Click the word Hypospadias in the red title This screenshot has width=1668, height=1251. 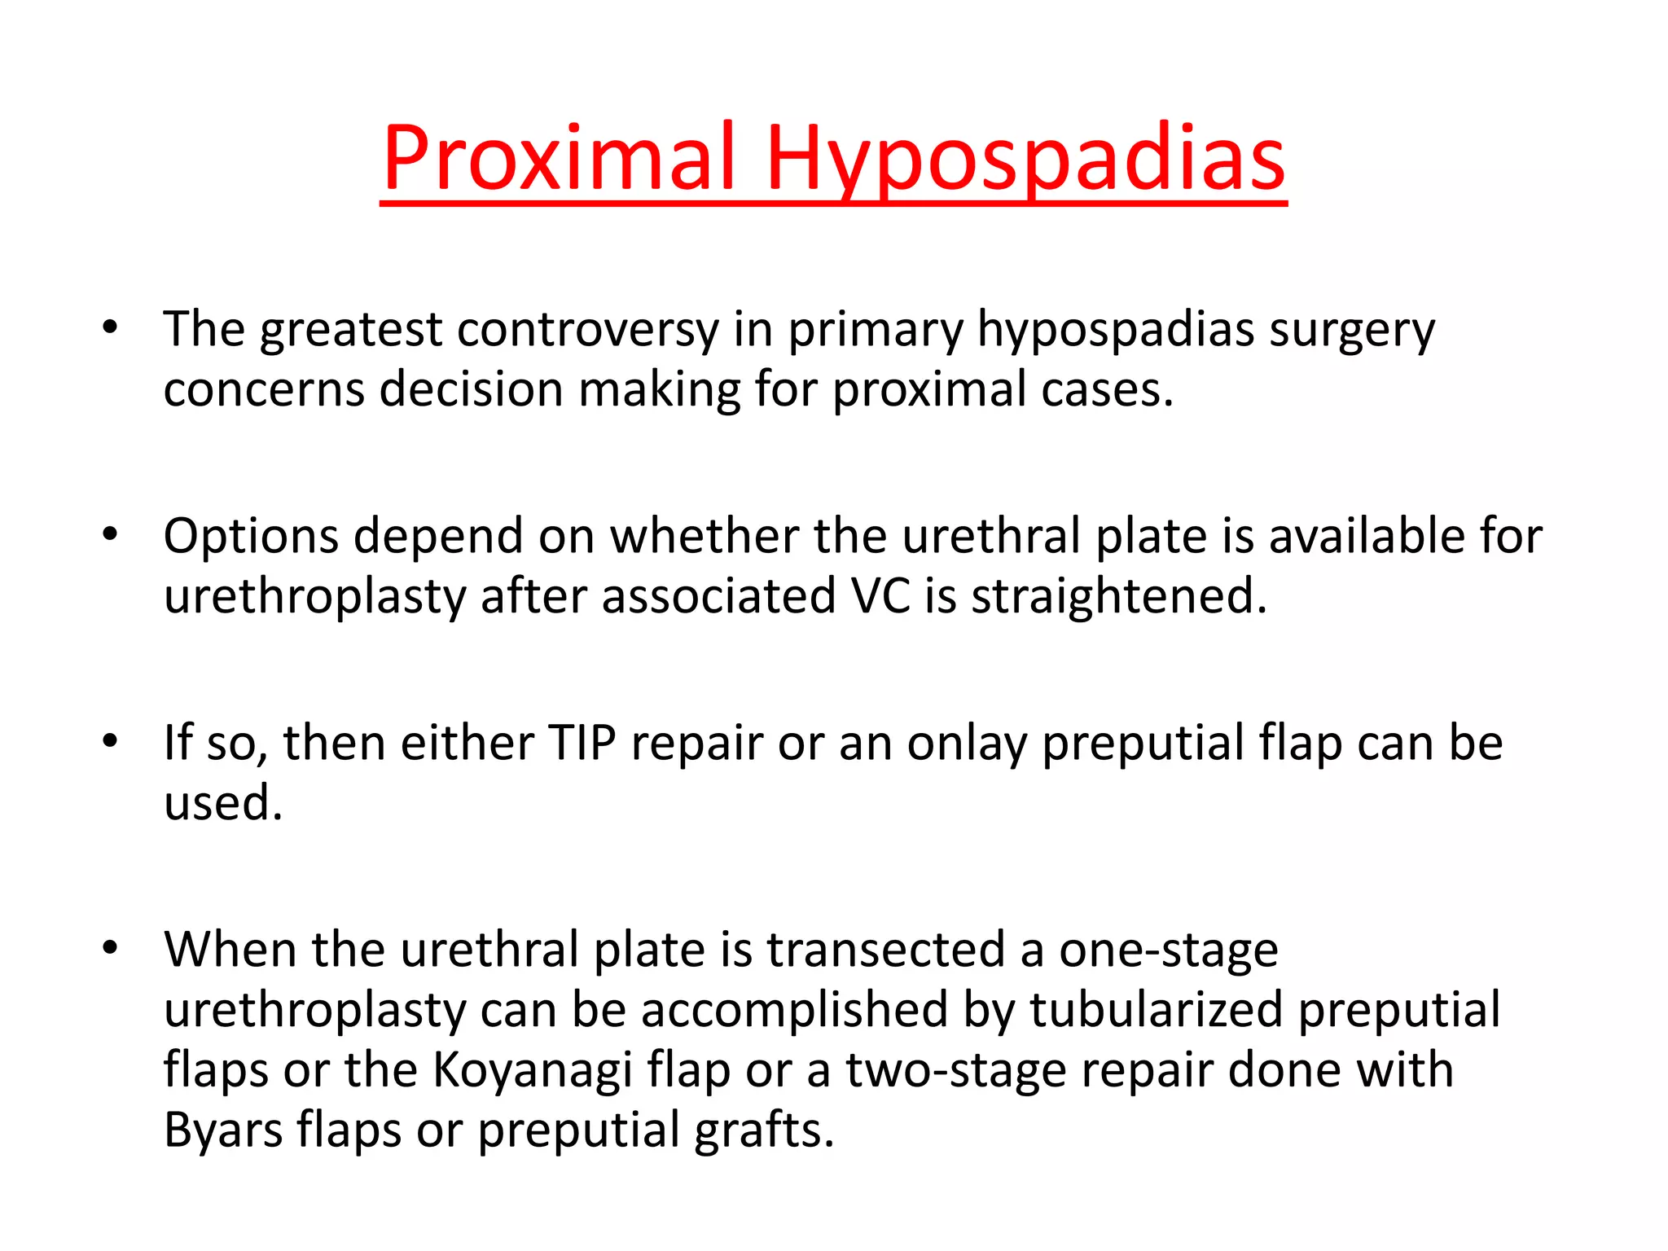pos(1025,159)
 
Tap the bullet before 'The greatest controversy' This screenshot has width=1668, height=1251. pos(110,328)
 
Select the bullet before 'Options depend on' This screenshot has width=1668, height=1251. pos(110,535)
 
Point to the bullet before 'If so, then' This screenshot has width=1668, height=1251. pos(110,741)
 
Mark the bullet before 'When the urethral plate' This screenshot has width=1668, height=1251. pos(110,948)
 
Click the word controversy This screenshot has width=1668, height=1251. pos(588,330)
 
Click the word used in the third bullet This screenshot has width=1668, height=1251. pos(222,803)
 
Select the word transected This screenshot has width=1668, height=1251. pos(886,950)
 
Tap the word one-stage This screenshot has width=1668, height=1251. pos(1168,951)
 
